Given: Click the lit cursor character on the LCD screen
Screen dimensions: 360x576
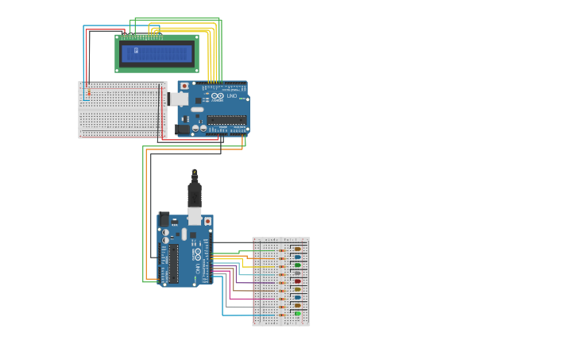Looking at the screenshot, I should [x=136, y=51].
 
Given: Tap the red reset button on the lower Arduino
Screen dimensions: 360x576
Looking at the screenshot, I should [x=207, y=222].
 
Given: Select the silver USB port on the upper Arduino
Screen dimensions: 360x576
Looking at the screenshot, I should [x=179, y=99].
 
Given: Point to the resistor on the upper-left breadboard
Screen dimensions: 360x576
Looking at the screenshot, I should [x=88, y=93].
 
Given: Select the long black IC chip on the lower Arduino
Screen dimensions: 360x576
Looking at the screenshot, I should [x=173, y=263].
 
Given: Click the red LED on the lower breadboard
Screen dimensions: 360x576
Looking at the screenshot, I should [x=297, y=281].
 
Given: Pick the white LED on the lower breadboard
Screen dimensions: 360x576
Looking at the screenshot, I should [x=297, y=273].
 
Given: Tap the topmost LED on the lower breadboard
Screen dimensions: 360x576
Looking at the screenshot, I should [x=297, y=248].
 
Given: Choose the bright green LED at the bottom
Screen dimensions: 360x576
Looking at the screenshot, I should [x=297, y=314].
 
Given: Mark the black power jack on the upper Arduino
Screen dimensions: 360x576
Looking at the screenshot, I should [x=183, y=128].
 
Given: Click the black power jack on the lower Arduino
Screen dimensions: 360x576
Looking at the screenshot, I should [x=164, y=219].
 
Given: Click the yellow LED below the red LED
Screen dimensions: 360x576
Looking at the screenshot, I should [x=297, y=289].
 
